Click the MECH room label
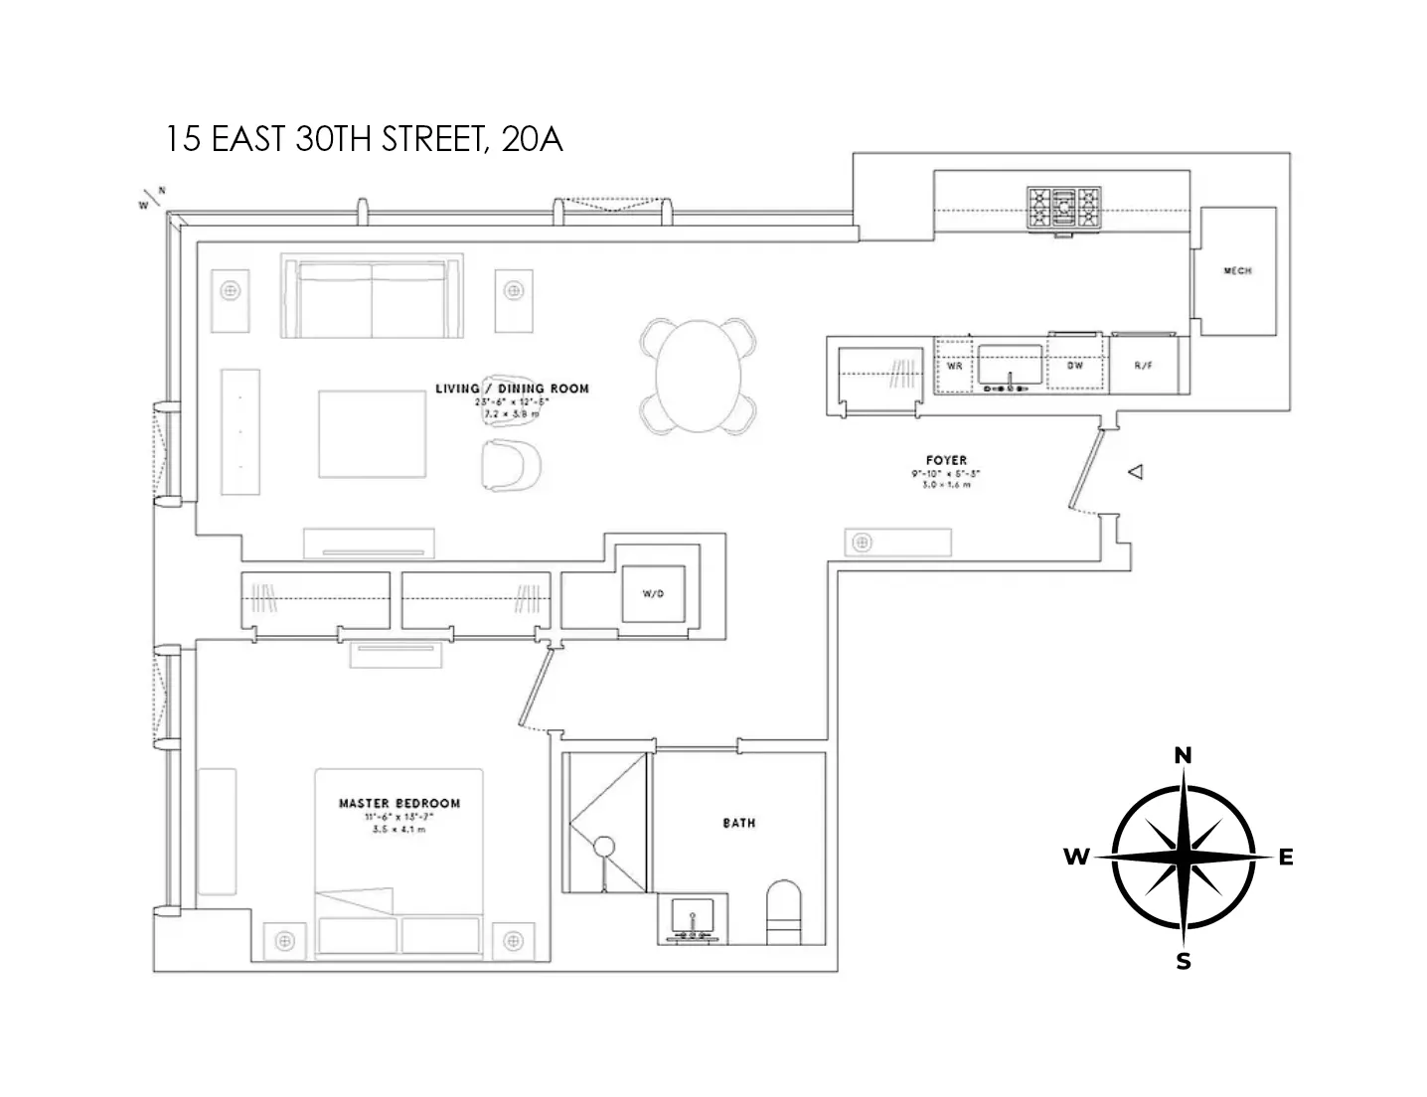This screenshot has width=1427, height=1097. point(1237,271)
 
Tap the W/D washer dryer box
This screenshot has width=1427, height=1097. point(652,594)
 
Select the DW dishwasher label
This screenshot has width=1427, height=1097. point(1074,366)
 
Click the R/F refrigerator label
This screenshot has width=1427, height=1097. point(1143,366)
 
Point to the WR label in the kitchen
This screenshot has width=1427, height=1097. point(954,366)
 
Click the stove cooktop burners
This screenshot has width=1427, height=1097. point(1064,210)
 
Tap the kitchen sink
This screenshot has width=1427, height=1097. point(1010,366)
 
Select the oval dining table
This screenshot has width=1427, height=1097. point(694,376)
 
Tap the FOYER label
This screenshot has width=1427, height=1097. point(945,461)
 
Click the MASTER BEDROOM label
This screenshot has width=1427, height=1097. point(399,803)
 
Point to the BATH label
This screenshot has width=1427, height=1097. point(738,823)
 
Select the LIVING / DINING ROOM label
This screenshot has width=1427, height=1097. point(512,389)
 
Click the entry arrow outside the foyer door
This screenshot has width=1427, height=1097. point(1135,472)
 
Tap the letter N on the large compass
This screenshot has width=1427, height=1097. point(1183,756)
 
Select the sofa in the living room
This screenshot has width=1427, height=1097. point(373,298)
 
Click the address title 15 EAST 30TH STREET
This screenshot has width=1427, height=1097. point(364,139)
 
